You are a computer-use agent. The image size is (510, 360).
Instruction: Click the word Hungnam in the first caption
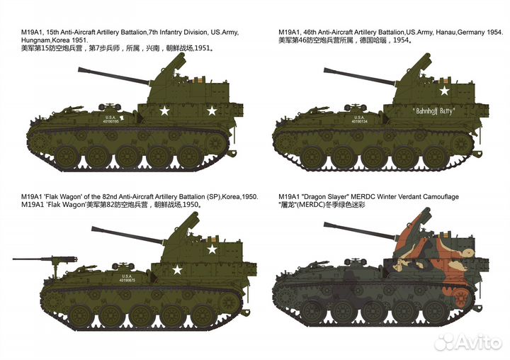coord(39,41)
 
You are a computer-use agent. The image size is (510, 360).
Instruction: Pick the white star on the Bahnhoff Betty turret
coord(444,91)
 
